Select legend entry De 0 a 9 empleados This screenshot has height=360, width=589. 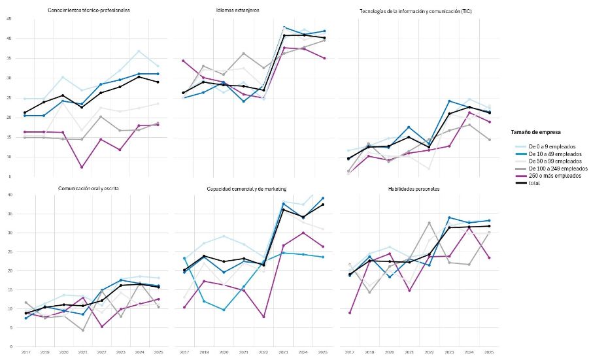[548, 146]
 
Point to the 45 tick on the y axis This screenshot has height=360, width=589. [8, 19]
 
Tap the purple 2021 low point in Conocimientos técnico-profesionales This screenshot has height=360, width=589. [82, 167]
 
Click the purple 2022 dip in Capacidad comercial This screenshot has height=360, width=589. [263, 317]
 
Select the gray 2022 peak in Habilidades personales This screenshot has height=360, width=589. [429, 223]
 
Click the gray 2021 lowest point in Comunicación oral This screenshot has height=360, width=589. [82, 331]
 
